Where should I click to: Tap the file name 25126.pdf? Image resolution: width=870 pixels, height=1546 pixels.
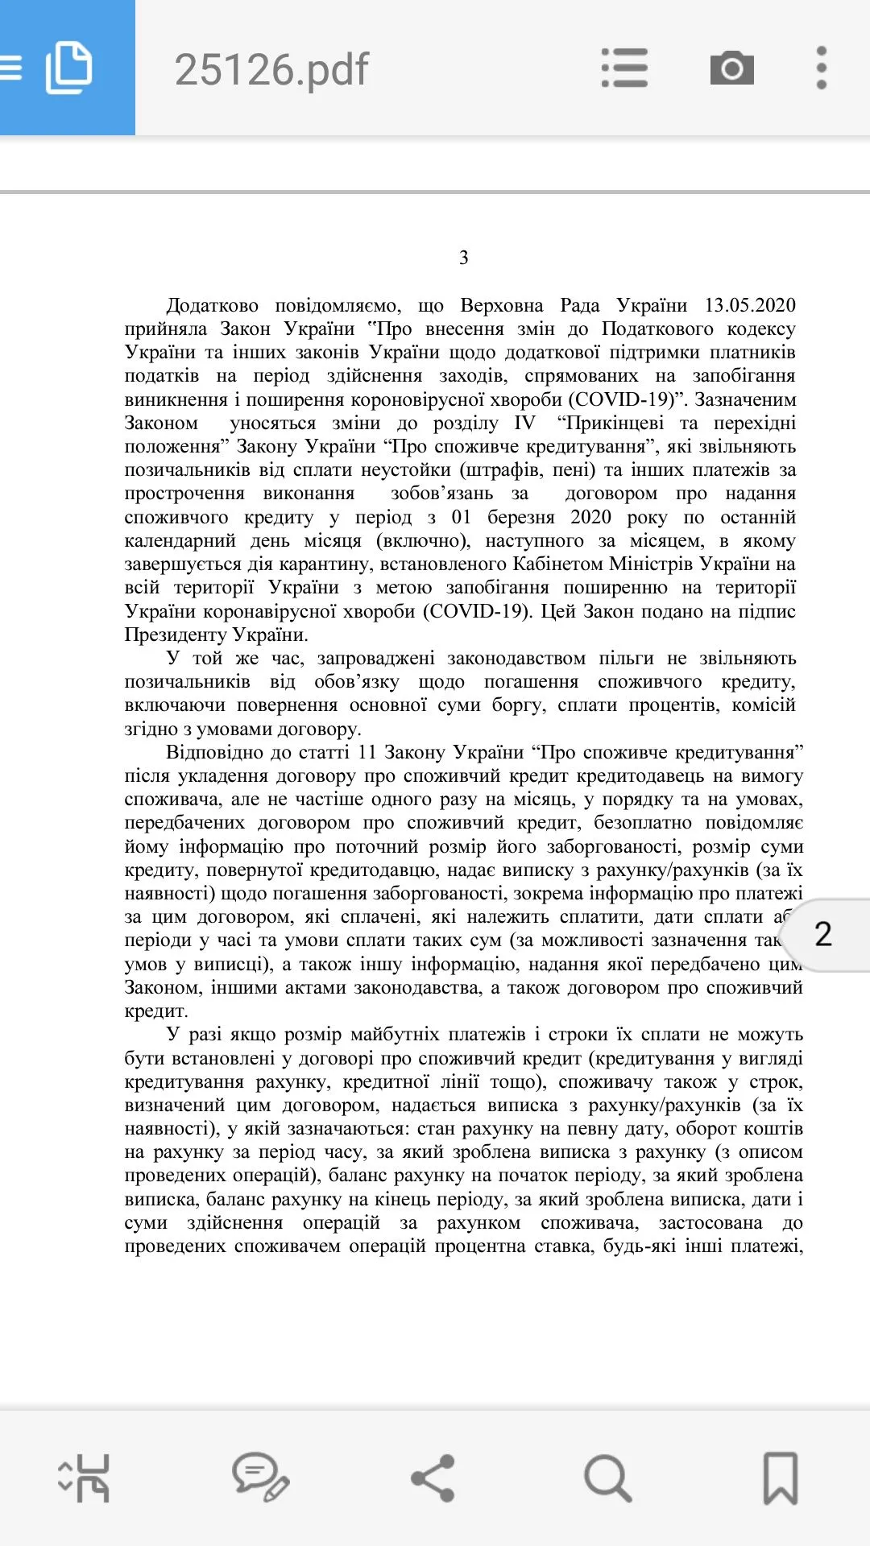pyautogui.click(x=271, y=69)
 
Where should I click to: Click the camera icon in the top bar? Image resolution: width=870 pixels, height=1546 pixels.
pyautogui.click(x=731, y=68)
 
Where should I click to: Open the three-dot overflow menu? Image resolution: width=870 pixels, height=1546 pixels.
pyautogui.click(x=821, y=68)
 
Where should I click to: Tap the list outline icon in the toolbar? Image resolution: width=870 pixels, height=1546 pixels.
pyautogui.click(x=624, y=68)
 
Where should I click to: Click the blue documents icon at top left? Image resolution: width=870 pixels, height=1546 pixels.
pyautogui.click(x=68, y=68)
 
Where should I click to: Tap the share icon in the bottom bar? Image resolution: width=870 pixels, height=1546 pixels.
pyautogui.click(x=433, y=1478)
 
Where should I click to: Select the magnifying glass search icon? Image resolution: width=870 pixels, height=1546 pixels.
pyautogui.click(x=607, y=1478)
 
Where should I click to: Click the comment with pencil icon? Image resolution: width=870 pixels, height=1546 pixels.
pyautogui.click(x=260, y=1478)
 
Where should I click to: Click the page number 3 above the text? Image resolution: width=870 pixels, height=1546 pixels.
pyautogui.click(x=464, y=258)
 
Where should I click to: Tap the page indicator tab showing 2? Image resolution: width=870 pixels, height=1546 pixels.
pyautogui.click(x=823, y=934)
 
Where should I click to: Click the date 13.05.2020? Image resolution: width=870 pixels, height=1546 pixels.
pyautogui.click(x=749, y=306)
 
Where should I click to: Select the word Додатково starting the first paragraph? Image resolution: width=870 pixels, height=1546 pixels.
pyautogui.click(x=212, y=306)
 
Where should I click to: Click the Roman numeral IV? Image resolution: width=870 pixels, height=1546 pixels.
pyautogui.click(x=524, y=424)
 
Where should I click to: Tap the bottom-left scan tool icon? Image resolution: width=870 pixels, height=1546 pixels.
pyautogui.click(x=85, y=1478)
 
